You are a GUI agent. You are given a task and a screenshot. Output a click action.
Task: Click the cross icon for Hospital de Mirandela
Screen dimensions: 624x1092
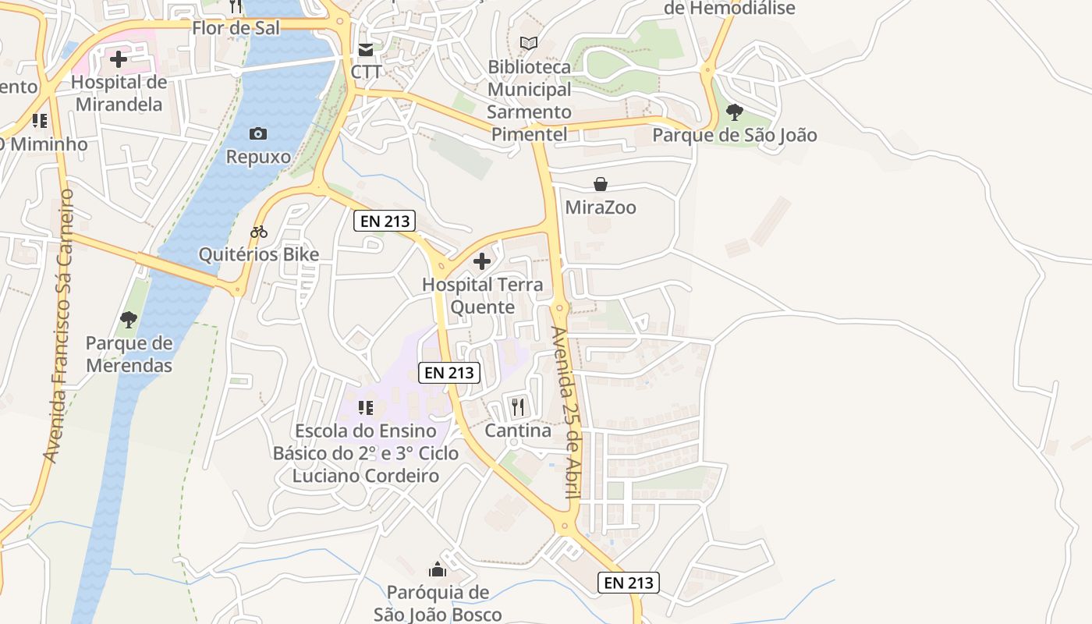[119, 59]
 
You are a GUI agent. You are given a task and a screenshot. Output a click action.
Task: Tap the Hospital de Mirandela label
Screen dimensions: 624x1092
[119, 94]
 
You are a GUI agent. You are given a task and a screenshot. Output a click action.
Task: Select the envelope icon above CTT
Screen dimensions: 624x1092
[366, 50]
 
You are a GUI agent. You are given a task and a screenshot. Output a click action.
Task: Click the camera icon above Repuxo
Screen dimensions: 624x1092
[258, 134]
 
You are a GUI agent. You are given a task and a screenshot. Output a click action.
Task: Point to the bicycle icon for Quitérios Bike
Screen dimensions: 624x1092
[259, 232]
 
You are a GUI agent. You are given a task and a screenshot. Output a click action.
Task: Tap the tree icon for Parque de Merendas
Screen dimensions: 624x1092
[129, 319]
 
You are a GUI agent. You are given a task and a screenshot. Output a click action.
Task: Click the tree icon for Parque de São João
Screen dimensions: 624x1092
[734, 112]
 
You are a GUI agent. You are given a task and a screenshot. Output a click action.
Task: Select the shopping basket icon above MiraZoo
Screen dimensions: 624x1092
[601, 184]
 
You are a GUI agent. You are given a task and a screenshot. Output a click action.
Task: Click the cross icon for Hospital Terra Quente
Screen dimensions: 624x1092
[482, 261]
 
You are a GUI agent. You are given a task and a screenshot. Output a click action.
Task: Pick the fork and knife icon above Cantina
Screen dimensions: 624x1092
[517, 406]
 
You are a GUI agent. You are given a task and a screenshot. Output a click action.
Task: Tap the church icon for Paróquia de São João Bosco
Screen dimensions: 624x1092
[438, 569]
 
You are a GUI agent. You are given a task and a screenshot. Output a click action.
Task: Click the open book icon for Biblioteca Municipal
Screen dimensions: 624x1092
[529, 44]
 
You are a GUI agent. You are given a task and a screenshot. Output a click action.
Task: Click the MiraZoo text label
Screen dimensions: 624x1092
[601, 207]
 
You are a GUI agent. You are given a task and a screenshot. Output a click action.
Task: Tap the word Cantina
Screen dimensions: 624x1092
[518, 431]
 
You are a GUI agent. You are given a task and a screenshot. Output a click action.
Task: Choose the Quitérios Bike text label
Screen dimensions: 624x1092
[259, 255]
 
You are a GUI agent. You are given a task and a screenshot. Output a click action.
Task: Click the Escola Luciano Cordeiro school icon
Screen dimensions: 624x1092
[366, 407]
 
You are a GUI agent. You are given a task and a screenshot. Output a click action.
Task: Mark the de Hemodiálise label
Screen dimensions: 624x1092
[729, 9]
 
